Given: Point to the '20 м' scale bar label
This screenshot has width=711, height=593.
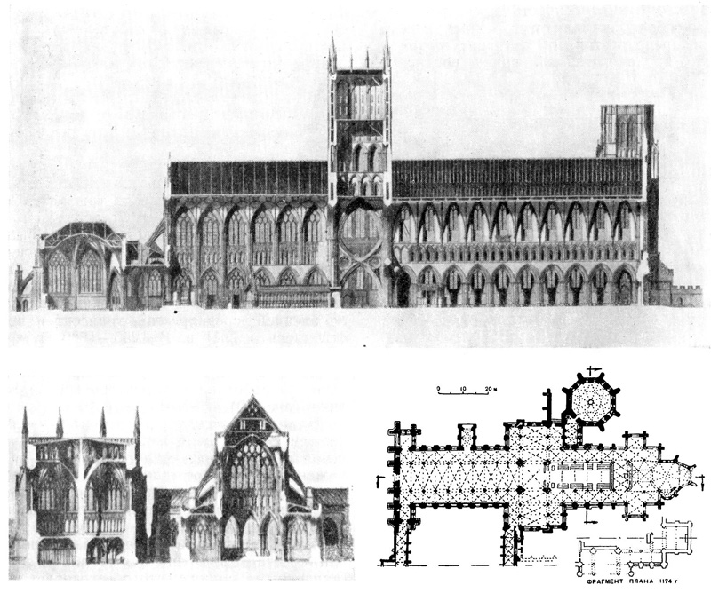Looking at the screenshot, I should tap(489, 389).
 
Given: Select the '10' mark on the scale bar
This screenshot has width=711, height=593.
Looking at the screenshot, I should tap(463, 389).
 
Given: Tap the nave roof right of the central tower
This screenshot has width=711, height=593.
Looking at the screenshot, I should tap(515, 178).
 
